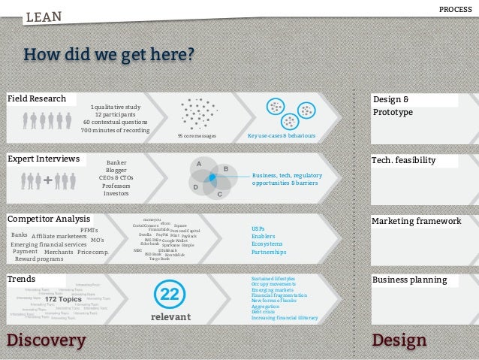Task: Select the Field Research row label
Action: [x=37, y=98]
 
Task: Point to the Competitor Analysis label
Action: [x=49, y=219]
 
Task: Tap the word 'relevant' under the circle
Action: [x=171, y=317]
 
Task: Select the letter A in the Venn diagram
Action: [x=198, y=163]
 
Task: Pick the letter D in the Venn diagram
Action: [x=195, y=186]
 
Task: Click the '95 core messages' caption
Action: [x=197, y=137]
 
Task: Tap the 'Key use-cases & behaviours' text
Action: [x=282, y=137]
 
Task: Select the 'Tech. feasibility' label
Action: [x=404, y=161]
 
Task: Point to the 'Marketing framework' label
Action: [x=417, y=221]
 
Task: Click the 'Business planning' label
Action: [x=410, y=280]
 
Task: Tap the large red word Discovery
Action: [x=46, y=340]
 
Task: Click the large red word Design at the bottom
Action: [x=399, y=340]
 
